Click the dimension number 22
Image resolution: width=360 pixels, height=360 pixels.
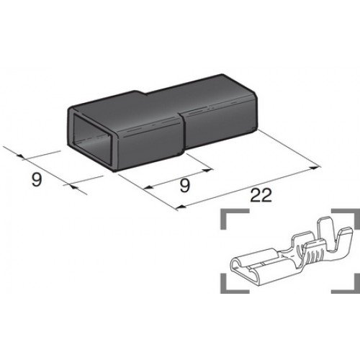[261, 195]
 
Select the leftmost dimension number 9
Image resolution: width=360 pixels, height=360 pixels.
[37, 179]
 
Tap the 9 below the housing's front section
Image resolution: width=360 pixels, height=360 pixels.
[185, 185]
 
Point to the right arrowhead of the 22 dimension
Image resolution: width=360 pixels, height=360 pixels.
[317, 167]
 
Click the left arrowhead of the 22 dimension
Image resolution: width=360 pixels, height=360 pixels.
[181, 207]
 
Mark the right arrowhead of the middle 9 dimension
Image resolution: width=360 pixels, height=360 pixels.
[208, 170]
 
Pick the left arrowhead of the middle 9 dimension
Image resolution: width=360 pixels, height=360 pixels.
[149, 188]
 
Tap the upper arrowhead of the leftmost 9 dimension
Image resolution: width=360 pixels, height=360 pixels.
[21, 156]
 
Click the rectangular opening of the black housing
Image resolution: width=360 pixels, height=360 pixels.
[92, 141]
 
